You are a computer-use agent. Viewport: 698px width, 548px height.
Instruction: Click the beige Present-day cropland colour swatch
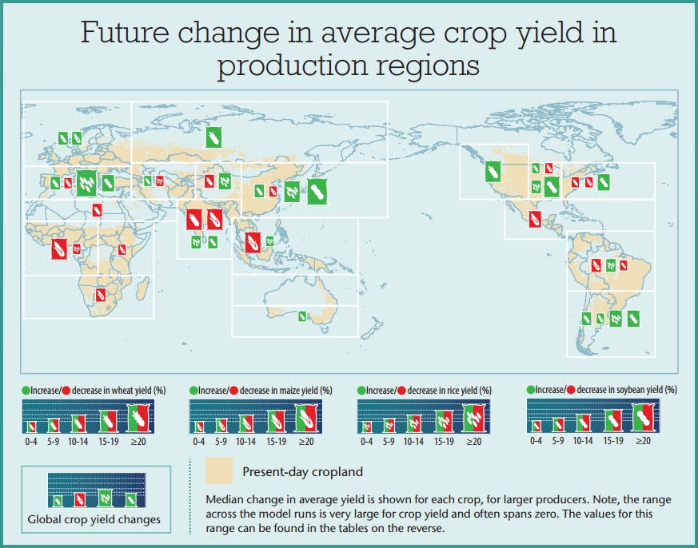coord(219,471)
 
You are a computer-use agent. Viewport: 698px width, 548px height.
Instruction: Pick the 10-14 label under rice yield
coord(413,441)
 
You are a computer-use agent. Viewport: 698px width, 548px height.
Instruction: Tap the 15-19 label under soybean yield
coord(612,441)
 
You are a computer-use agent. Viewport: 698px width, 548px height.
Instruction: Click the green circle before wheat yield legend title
coord(26,391)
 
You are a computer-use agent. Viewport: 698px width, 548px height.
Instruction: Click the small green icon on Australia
coord(301,316)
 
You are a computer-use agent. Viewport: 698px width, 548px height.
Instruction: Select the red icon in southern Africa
coord(100,295)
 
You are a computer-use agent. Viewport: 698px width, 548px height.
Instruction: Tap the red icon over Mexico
coord(534,221)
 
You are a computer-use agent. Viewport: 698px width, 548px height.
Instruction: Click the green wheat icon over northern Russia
coord(213,137)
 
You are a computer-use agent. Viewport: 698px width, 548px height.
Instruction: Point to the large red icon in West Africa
coord(58,248)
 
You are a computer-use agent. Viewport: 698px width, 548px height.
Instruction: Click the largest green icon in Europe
coord(86,183)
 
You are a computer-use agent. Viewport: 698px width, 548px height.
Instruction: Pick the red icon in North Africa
coord(97,210)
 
